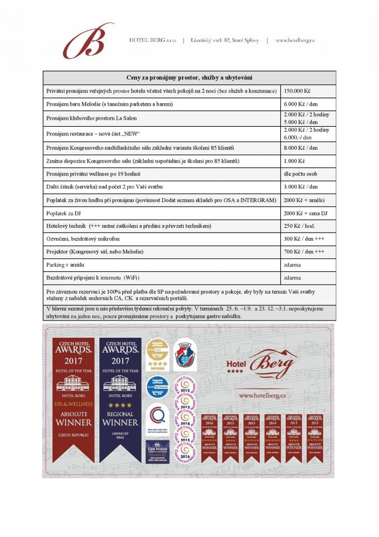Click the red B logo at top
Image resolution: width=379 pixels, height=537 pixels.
(x=88, y=41)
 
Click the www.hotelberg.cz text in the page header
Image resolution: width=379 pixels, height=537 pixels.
(x=295, y=40)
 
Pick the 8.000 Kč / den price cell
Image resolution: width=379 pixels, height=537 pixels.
(x=301, y=147)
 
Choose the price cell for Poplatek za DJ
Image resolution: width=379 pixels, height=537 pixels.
(x=305, y=213)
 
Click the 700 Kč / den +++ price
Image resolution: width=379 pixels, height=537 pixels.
(x=304, y=252)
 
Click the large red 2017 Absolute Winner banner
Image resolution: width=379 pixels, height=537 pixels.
(x=74, y=400)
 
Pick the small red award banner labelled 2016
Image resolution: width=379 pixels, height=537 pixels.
(x=209, y=438)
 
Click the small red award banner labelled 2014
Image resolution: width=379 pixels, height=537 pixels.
(x=272, y=438)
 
